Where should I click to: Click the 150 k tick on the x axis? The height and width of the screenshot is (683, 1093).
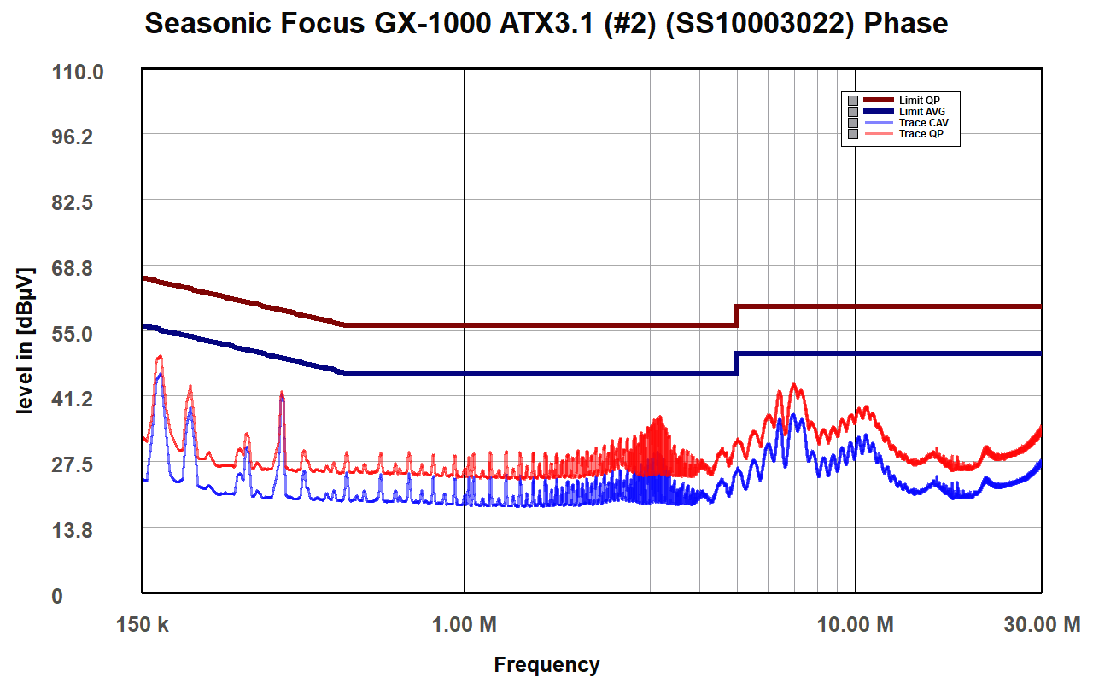point(143,625)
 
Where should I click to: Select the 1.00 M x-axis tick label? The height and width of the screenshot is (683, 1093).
point(464,625)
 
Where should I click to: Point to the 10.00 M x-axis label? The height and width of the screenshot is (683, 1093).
point(855,625)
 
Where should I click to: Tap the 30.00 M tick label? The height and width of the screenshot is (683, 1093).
point(1042,625)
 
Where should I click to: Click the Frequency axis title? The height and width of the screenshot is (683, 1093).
point(546,664)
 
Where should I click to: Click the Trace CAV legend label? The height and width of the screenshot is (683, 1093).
point(923,123)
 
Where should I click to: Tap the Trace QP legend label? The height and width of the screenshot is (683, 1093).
point(921,134)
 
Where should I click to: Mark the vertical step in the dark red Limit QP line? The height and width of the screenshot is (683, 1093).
point(736,315)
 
